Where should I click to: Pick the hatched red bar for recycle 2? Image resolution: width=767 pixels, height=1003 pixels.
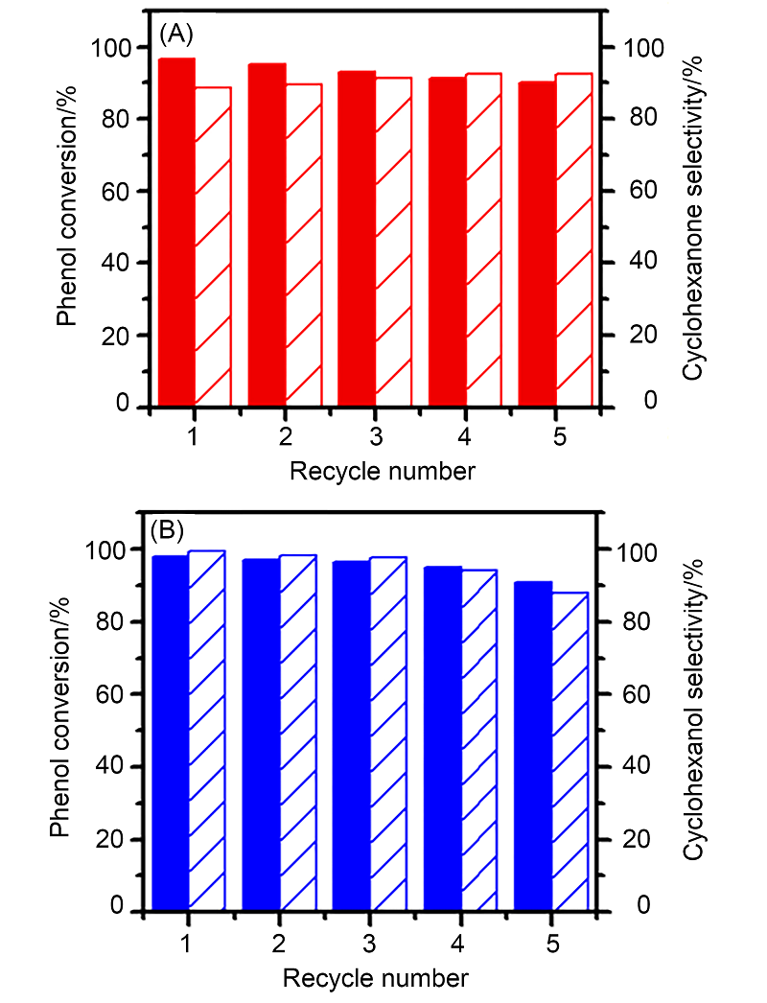(303, 245)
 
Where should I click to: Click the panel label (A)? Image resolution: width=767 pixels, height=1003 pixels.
(177, 35)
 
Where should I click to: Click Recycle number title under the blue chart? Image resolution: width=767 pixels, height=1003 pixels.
(376, 978)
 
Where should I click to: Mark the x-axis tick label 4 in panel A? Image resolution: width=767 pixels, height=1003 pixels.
(464, 437)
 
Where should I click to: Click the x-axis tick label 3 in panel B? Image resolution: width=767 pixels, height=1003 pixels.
(368, 943)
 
